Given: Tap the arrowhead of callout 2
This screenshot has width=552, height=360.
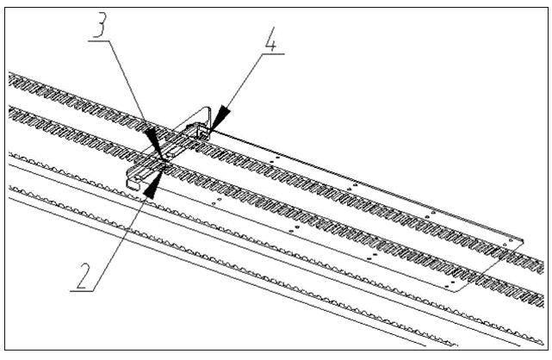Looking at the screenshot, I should (x=152, y=186).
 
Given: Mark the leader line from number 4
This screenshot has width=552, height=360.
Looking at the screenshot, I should (x=245, y=82).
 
